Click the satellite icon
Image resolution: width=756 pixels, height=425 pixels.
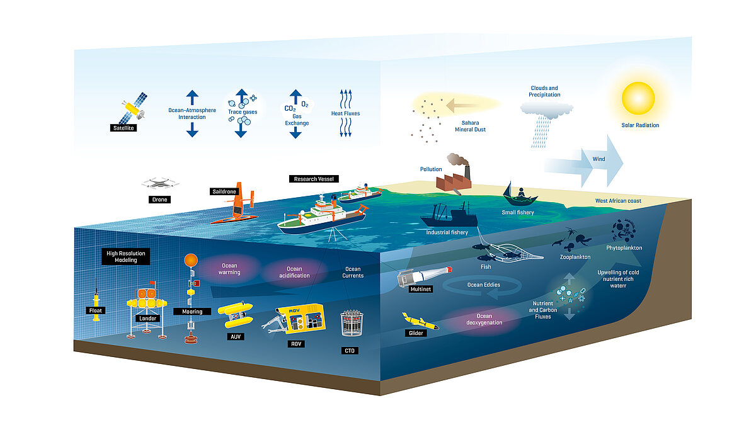click(x=133, y=108)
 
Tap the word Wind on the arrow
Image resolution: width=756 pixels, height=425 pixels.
click(x=598, y=159)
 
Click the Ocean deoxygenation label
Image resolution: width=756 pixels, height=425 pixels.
click(x=484, y=320)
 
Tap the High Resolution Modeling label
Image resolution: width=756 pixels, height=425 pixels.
click(x=125, y=256)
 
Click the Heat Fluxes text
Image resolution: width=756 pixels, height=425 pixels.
click(x=345, y=113)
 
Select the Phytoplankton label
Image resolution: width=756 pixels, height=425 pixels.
click(x=624, y=248)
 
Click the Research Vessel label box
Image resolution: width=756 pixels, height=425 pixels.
click(x=314, y=179)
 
